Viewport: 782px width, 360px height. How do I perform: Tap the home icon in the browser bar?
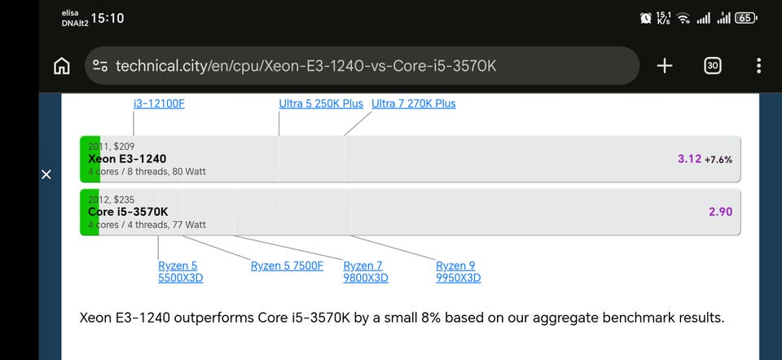click(x=61, y=66)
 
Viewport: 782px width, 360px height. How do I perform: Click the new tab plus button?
click(x=665, y=66)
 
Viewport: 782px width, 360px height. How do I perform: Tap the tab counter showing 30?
click(x=713, y=66)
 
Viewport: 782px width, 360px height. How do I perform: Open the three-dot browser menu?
click(x=758, y=66)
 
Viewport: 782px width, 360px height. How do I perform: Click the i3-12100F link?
click(x=159, y=103)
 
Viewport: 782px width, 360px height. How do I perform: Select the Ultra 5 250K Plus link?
click(x=321, y=103)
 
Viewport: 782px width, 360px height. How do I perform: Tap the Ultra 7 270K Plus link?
click(x=414, y=103)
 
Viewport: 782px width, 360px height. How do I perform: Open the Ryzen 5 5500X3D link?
click(x=181, y=272)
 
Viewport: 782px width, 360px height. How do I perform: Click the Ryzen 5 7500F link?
click(x=287, y=266)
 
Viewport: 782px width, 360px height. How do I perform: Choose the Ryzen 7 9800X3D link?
click(x=366, y=272)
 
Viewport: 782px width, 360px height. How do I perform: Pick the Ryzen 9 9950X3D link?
click(x=459, y=272)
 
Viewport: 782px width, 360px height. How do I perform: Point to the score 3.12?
click(x=690, y=159)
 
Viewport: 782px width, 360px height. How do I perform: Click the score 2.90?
click(x=721, y=212)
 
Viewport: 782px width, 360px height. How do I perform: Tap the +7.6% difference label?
click(x=718, y=160)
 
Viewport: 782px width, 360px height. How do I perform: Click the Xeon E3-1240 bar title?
click(x=127, y=159)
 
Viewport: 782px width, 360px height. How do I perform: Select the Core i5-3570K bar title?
click(x=128, y=212)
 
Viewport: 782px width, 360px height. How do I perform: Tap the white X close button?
click(x=46, y=174)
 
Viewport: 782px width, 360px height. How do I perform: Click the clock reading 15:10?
click(x=108, y=19)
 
